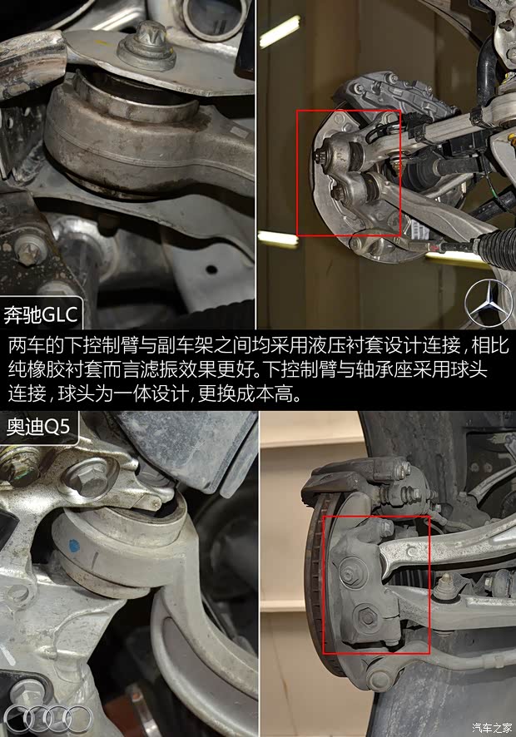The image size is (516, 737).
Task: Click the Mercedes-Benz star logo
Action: coord(489,304)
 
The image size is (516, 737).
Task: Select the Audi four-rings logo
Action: coord(57,718)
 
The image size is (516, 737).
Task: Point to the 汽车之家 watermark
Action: coord(492,728)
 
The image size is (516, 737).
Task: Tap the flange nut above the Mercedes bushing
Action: coord(146,50)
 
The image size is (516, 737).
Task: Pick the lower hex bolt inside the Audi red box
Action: coord(365,617)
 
